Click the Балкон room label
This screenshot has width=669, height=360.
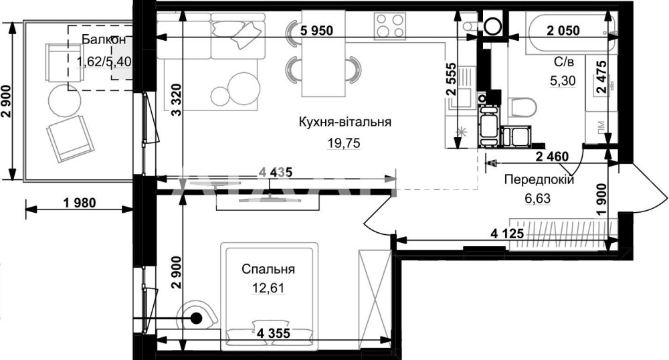click(x=104, y=39)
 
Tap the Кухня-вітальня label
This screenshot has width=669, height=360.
click(x=345, y=122)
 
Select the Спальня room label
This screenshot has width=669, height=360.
click(x=268, y=269)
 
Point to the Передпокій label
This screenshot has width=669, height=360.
click(x=539, y=179)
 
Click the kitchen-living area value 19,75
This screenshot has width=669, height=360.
click(x=344, y=143)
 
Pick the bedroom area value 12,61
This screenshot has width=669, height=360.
click(x=268, y=288)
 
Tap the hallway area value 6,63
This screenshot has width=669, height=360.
click(x=537, y=198)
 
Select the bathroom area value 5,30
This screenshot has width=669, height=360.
click(x=563, y=80)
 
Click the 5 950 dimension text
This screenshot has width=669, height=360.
click(x=316, y=30)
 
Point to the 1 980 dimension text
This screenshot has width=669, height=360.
click(x=80, y=203)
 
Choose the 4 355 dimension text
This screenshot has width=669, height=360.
click(x=274, y=333)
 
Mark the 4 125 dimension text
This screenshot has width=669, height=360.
click(x=507, y=234)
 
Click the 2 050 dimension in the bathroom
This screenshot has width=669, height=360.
click(x=563, y=30)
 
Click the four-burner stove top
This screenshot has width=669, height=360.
click(x=389, y=26)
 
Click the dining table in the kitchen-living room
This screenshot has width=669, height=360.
click(x=323, y=54)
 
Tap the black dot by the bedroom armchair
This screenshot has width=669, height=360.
click(x=196, y=318)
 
